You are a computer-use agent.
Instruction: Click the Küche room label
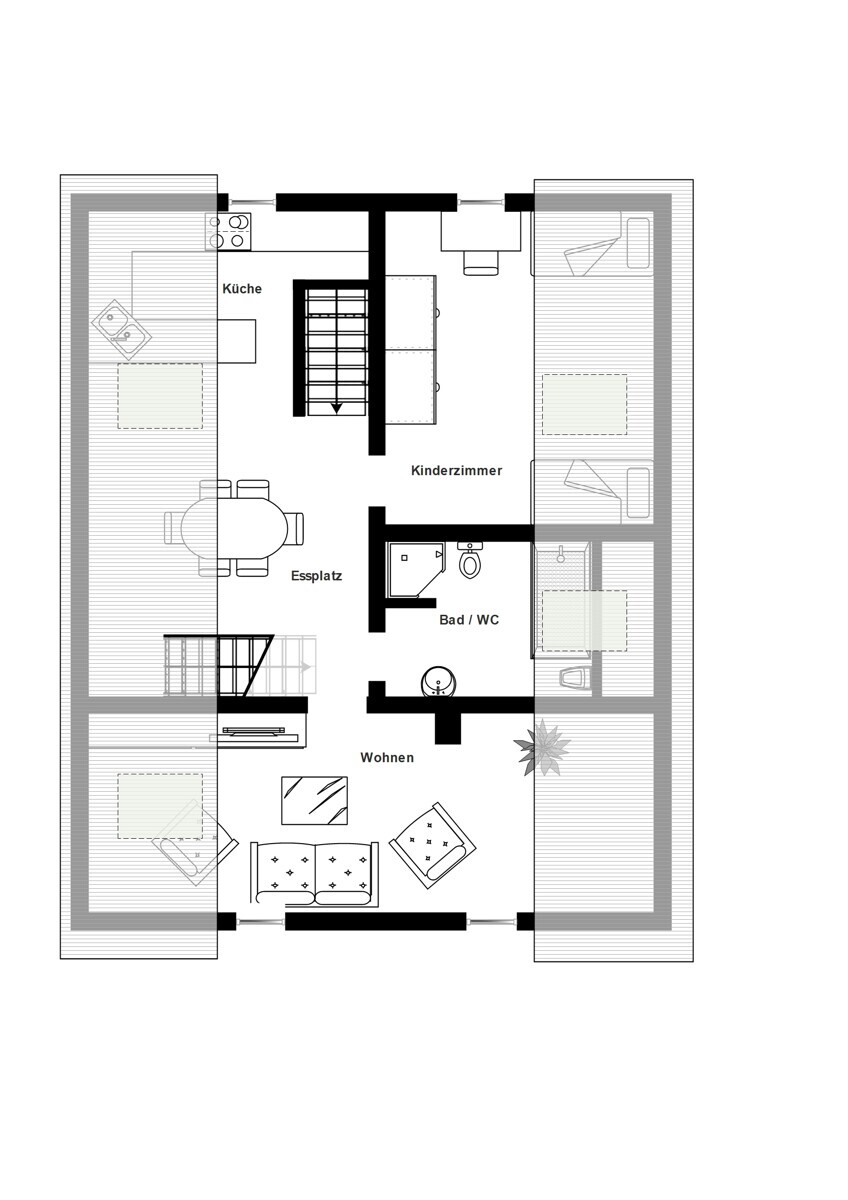coord(242,289)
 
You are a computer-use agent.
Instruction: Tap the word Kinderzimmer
coord(456,470)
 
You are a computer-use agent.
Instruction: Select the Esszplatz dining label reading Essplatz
coord(316,576)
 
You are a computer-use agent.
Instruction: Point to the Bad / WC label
coord(469,620)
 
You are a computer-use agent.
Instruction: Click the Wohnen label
coord(387,758)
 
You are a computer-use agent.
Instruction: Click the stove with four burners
coord(228,231)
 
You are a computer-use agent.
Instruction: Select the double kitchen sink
coord(122,329)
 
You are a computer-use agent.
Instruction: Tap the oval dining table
coord(234,528)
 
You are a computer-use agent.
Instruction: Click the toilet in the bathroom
coord(470,560)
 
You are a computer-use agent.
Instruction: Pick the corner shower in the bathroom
coord(416,569)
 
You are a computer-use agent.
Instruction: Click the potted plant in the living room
coord(542,747)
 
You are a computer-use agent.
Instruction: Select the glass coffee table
coord(314,800)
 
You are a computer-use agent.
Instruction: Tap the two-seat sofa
coord(314,874)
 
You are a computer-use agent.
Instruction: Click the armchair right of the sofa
coord(433,846)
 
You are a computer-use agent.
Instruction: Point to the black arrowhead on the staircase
coord(336,408)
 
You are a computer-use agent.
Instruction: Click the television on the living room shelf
coord(253,730)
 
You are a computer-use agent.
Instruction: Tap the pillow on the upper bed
coord(638,243)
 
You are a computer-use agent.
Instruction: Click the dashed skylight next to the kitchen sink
coord(160,396)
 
